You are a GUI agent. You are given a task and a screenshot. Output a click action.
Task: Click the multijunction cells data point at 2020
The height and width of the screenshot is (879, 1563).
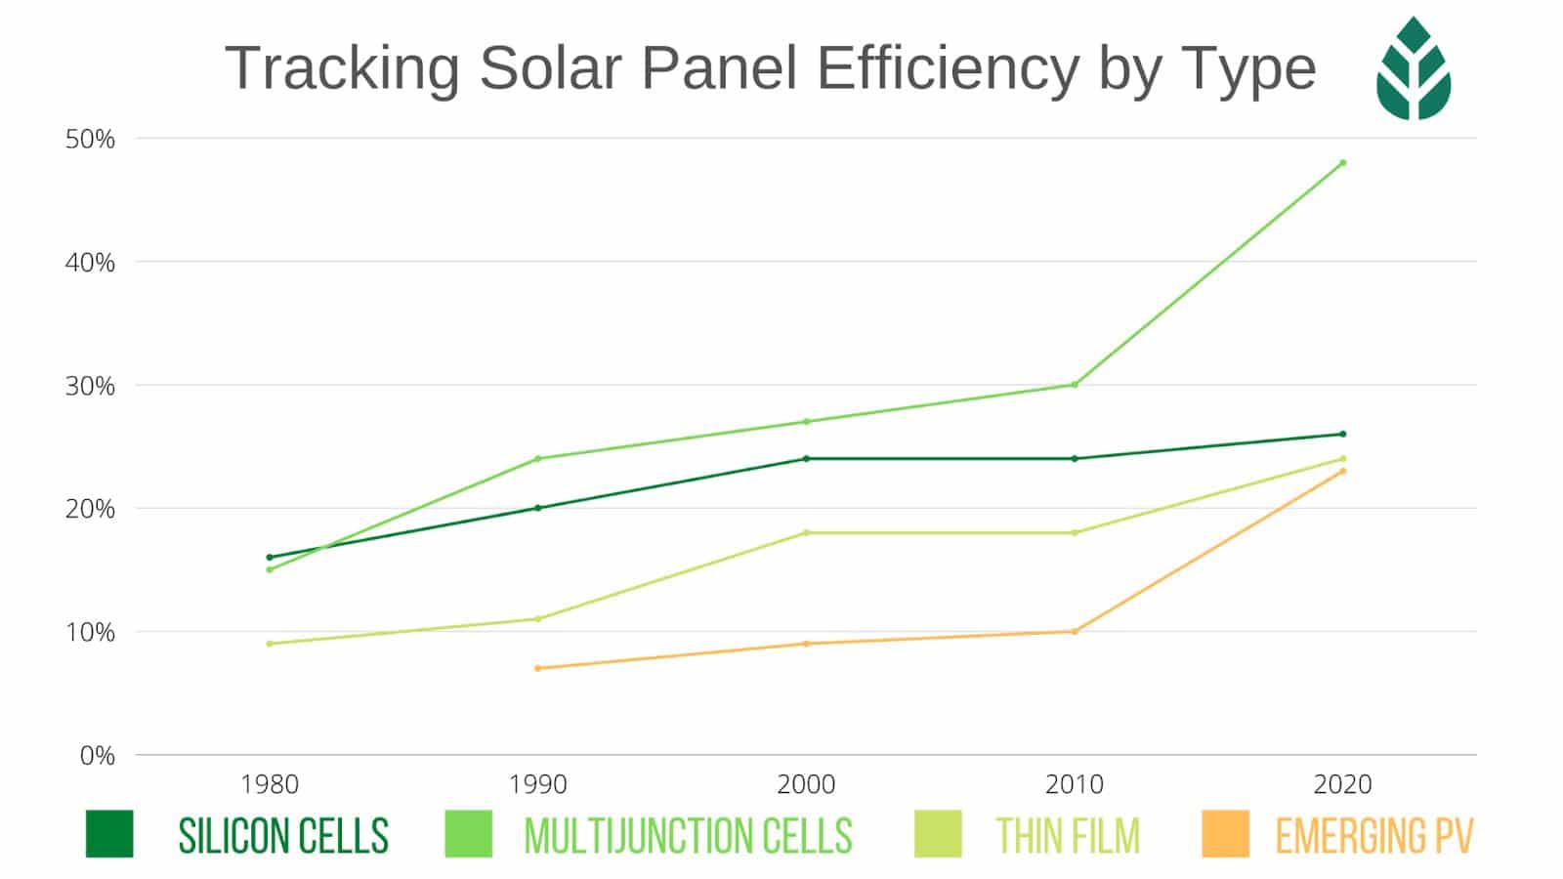click(1342, 162)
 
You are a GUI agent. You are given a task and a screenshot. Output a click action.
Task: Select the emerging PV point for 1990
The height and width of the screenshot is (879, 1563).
click(537, 668)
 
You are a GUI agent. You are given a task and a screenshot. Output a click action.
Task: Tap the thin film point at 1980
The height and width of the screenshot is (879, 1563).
click(270, 644)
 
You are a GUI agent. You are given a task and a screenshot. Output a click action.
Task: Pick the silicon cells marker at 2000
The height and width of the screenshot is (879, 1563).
click(806, 458)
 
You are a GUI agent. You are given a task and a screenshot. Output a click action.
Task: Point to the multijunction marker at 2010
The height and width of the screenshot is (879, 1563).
click(1075, 385)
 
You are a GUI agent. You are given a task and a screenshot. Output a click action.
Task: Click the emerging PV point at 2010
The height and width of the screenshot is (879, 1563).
click(1075, 632)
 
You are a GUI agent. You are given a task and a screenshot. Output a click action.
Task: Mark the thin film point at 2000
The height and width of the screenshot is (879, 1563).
click(806, 532)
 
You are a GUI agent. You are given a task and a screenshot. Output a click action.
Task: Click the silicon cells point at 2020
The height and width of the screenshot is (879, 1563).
click(1342, 434)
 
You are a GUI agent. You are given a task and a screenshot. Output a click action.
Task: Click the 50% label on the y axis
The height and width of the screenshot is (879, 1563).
click(90, 139)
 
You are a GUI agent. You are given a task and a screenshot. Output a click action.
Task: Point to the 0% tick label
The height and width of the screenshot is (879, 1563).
click(97, 755)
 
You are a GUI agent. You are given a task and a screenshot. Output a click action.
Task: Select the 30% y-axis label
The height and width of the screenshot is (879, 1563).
click(90, 386)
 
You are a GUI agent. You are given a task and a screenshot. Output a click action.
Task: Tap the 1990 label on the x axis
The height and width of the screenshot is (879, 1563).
click(537, 784)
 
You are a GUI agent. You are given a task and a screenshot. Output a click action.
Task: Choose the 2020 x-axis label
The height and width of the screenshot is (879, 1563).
click(1342, 784)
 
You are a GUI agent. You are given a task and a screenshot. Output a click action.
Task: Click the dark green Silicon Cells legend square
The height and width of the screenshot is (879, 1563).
click(109, 834)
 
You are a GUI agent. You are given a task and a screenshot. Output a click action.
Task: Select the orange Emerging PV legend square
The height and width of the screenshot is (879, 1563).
click(1225, 834)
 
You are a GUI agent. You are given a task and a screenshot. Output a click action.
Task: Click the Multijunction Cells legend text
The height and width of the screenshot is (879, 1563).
click(688, 836)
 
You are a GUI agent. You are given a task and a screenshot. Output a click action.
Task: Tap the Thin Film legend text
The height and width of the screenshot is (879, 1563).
click(1068, 836)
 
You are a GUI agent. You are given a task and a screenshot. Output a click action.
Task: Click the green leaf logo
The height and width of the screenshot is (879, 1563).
click(1414, 68)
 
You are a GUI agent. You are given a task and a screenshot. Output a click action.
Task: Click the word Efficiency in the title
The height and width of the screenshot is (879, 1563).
click(948, 68)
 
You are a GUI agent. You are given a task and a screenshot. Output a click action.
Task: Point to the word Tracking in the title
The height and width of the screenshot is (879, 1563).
click(342, 68)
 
